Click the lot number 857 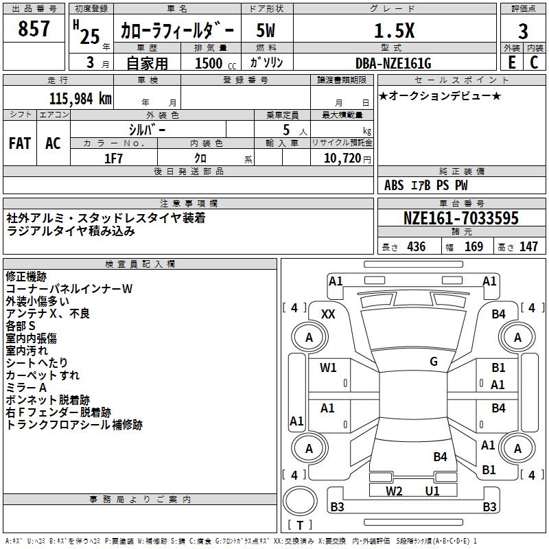[x=34, y=30]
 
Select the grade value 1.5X [x=394, y=30]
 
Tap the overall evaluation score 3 [x=523, y=32]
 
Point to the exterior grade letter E [x=511, y=62]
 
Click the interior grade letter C [x=534, y=62]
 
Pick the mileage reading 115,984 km [x=80, y=99]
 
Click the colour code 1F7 [x=113, y=158]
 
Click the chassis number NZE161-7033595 [x=460, y=219]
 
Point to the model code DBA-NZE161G [x=394, y=63]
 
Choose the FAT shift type [x=19, y=143]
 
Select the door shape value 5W [x=266, y=31]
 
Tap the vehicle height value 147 [x=528, y=247]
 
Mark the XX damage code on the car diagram [x=329, y=314]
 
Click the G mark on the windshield [x=434, y=362]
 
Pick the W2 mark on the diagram [x=394, y=491]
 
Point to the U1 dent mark [x=432, y=491]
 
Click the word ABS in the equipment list [x=394, y=185]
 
